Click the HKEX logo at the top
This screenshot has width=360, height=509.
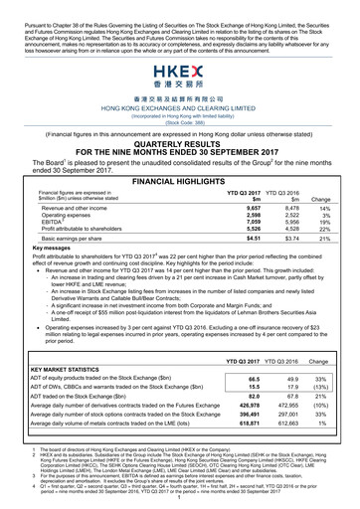(180, 73)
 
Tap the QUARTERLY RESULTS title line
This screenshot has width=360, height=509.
(180, 114)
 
